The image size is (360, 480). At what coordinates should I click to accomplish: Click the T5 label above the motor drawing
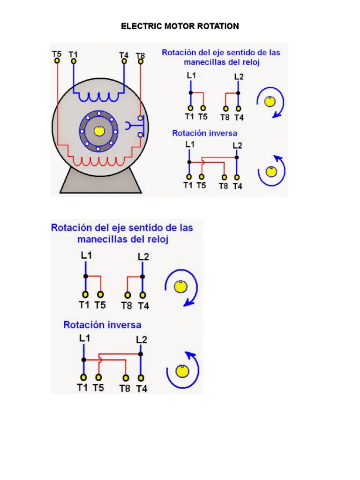click(x=56, y=53)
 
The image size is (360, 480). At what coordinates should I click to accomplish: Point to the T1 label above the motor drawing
click(x=73, y=53)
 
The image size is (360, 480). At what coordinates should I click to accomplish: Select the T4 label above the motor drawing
click(x=124, y=54)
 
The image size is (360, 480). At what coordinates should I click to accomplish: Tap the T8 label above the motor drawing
click(x=140, y=55)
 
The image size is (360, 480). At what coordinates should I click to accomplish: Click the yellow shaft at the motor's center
click(x=98, y=131)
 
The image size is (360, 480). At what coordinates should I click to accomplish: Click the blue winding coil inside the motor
click(x=98, y=97)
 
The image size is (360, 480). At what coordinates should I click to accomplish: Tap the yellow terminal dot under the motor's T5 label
click(x=57, y=61)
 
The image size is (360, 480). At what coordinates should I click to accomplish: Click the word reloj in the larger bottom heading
click(x=157, y=239)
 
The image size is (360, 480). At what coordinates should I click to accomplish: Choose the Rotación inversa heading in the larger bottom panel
click(x=102, y=324)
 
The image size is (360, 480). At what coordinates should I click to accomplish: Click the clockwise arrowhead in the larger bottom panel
click(x=187, y=303)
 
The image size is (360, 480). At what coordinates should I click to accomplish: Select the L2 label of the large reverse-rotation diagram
click(x=142, y=339)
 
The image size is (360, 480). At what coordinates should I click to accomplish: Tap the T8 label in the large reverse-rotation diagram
click(x=125, y=388)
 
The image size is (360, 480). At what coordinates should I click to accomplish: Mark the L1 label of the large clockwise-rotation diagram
click(x=86, y=255)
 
